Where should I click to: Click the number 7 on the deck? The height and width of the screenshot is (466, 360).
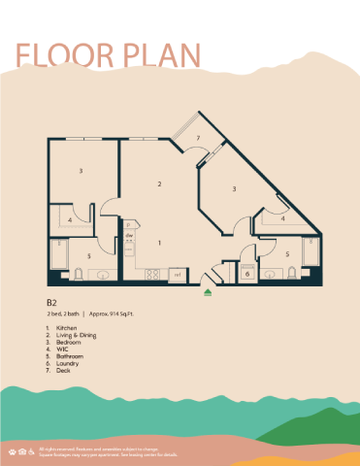(198, 139)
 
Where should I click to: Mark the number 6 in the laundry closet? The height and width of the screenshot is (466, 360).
(246, 275)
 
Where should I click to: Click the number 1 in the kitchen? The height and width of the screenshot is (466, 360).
(159, 242)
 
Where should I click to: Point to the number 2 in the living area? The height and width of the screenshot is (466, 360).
(159, 183)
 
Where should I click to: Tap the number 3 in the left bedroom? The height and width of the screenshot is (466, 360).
(81, 171)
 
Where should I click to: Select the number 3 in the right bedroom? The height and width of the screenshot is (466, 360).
(235, 189)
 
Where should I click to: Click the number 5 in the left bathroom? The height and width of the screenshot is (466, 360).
(90, 255)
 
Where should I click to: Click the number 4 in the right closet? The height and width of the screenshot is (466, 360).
(282, 219)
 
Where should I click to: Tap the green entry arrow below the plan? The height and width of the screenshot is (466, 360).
(208, 291)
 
